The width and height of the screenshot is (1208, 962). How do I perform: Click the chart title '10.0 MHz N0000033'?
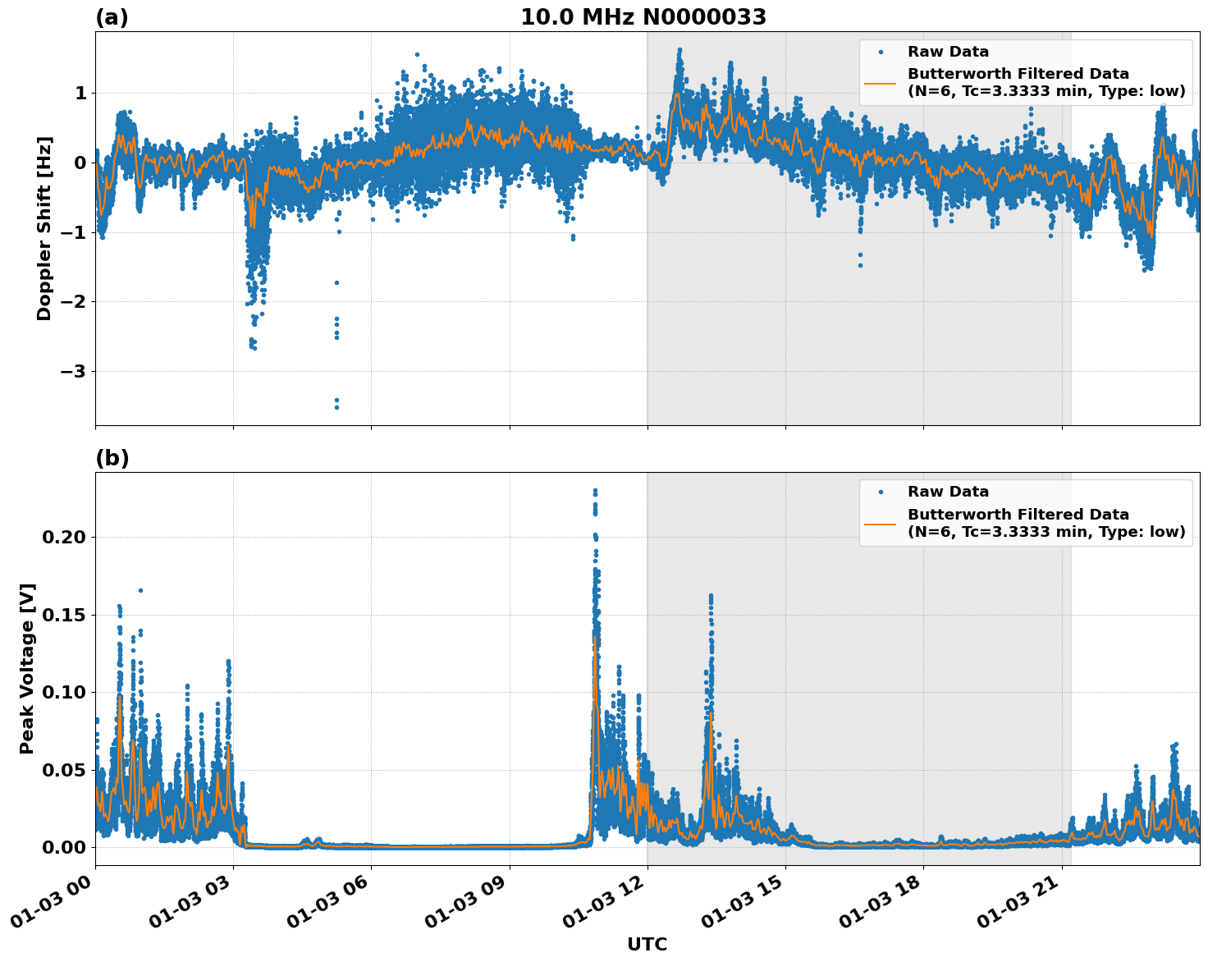(x=643, y=17)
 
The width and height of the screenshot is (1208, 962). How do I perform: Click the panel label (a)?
(x=112, y=17)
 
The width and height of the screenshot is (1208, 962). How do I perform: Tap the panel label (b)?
(x=112, y=458)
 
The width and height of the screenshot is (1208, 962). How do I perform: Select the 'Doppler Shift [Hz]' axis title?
(x=44, y=228)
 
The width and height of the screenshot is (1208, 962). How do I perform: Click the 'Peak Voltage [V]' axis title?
(x=27, y=668)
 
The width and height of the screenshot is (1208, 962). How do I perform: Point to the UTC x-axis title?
(x=647, y=944)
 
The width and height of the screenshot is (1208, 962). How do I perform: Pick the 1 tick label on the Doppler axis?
(x=80, y=94)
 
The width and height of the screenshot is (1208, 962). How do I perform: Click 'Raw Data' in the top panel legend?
(x=948, y=52)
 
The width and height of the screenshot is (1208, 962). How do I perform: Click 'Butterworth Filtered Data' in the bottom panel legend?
(x=1018, y=515)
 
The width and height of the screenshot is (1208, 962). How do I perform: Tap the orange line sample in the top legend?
(x=881, y=82)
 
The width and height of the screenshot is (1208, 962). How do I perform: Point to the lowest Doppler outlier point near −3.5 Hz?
(x=336, y=407)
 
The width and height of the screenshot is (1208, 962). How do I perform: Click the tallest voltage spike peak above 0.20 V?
(x=595, y=491)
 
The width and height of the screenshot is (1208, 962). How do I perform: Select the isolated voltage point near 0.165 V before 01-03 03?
(x=140, y=590)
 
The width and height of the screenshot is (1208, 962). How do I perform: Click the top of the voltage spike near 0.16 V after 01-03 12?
(x=711, y=596)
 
